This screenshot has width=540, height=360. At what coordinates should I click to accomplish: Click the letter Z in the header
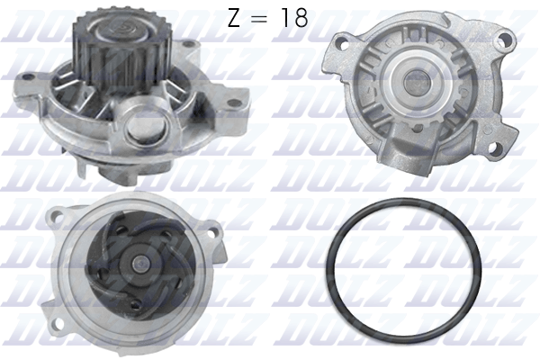[233, 17]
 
